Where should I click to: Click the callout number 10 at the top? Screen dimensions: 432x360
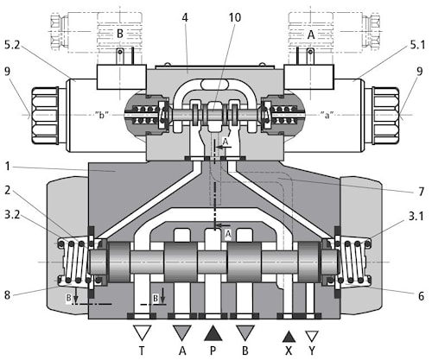point(235,17)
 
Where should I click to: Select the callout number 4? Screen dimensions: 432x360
point(185,17)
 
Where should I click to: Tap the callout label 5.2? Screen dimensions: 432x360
point(12,45)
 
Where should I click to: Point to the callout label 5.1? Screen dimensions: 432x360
point(417,45)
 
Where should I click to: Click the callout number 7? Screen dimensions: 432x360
point(421,192)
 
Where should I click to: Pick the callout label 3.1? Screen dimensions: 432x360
point(416,216)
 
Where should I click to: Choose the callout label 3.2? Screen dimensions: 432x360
point(12,214)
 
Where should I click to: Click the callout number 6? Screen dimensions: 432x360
point(421,296)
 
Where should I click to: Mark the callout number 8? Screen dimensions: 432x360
point(8,295)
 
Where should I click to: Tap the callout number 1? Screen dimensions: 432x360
point(8,167)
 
